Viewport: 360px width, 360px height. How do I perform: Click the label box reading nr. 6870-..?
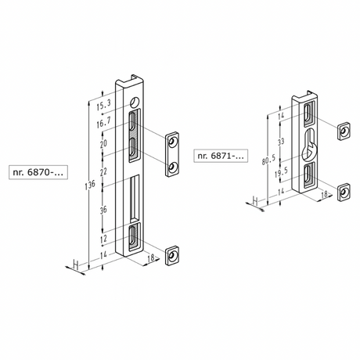38,172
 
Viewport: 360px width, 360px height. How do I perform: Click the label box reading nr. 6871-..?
221,156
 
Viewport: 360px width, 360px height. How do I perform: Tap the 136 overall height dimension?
90,184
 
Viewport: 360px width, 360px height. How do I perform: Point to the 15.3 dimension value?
103,105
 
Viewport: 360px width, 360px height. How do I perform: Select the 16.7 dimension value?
103,122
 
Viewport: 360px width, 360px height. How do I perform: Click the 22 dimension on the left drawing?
103,171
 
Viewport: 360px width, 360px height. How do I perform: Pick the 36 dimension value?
103,209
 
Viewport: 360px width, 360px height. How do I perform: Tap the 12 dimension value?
103,238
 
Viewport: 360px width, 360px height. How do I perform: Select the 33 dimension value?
281,142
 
